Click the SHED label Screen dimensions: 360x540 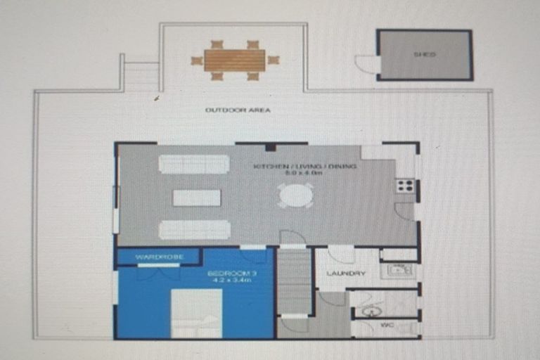coord(424,54)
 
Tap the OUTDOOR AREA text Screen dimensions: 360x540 coord(238,110)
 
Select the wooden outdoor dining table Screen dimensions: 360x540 coord(235,60)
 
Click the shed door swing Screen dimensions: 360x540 coord(368,64)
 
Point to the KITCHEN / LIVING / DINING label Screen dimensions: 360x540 coord(305,167)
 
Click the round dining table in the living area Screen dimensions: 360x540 coord(295,195)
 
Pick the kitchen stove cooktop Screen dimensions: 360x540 coord(404,186)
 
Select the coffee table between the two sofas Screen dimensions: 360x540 coord(197,198)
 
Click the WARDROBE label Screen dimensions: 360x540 coord(160,257)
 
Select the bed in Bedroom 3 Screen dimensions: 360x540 coord(197,314)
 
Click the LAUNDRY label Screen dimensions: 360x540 coord(346,274)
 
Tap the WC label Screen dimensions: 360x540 coord(385,326)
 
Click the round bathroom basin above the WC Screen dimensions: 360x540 coord(371,310)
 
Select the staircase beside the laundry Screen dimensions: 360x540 coord(294,281)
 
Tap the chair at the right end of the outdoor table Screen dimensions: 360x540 coord(273,60)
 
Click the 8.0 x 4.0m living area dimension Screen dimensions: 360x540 coord(305,174)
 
